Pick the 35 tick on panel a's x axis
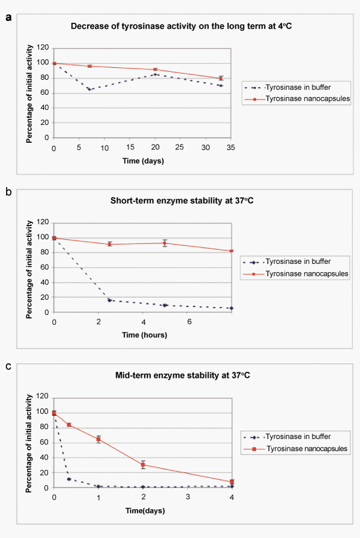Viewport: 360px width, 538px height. coord(232,147)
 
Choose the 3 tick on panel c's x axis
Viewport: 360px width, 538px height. coord(188,497)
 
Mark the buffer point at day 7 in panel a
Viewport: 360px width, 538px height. coord(89,89)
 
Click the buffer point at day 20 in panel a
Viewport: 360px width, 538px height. coord(155,74)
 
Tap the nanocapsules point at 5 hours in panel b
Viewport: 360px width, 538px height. coord(165,243)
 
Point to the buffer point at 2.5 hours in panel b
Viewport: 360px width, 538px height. coord(110,300)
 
